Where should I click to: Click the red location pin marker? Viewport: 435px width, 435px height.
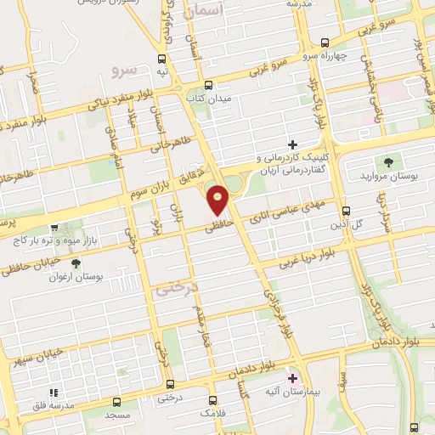pos(218,199)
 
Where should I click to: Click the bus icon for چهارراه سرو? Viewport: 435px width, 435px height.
pos(324,42)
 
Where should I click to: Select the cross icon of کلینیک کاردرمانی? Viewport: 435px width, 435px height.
pos(293,144)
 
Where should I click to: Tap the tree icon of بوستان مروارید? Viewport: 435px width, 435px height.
pos(388,161)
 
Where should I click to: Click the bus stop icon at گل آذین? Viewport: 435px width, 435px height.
pos(345,211)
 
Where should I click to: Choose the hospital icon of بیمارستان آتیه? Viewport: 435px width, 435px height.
pos(294,377)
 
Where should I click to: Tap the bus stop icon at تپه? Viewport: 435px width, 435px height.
pos(161,59)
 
